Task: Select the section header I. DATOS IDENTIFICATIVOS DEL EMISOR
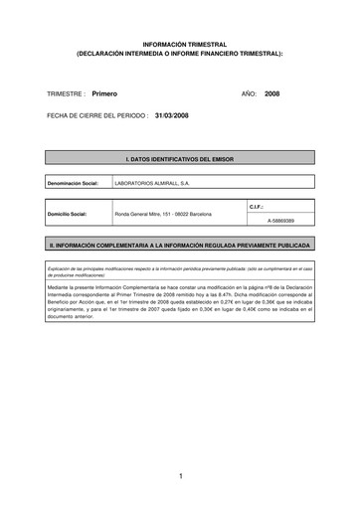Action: (179, 159)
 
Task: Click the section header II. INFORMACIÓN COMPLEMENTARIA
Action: (179, 245)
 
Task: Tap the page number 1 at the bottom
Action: (180, 477)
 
